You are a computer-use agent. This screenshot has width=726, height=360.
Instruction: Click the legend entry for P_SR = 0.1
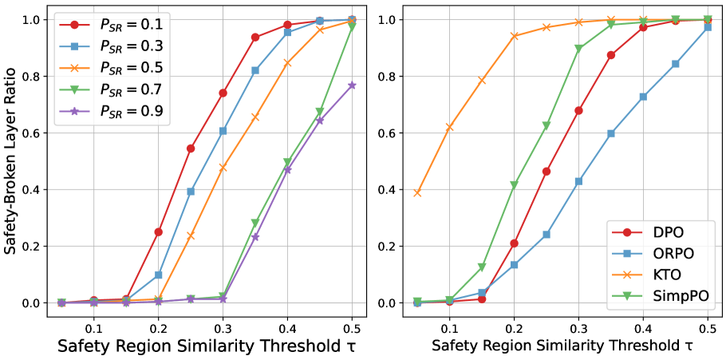(112, 26)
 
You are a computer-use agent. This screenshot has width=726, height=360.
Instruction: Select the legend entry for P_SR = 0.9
(112, 112)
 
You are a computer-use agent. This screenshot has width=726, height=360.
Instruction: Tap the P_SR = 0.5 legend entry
(112, 69)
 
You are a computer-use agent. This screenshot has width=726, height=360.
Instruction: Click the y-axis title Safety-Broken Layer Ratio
(11, 160)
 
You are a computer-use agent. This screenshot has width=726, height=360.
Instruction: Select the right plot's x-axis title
(562, 346)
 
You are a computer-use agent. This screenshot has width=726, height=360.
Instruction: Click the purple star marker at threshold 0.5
(352, 85)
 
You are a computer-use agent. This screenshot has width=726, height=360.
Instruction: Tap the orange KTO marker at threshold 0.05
(417, 192)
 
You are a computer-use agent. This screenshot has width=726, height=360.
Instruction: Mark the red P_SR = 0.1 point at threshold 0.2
(158, 231)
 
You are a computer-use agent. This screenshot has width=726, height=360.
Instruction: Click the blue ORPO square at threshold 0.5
(708, 27)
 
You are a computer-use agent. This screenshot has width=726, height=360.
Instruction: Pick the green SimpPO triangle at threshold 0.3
(578, 48)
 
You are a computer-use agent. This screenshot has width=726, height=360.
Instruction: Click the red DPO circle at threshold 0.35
(611, 55)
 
